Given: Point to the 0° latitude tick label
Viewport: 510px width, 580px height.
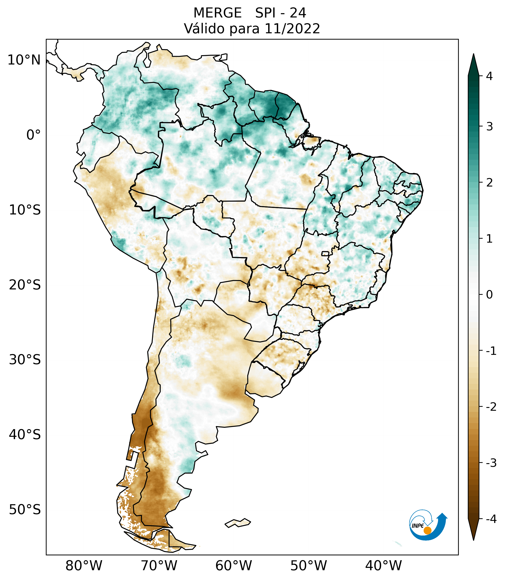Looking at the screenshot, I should [34, 135].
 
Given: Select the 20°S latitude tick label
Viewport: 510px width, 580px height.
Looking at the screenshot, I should [25, 285].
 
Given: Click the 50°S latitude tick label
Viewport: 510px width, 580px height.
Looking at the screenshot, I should [25, 510].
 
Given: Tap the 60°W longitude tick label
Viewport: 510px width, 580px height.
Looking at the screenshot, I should [233, 566].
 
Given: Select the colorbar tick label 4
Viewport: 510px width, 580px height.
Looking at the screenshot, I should [489, 76].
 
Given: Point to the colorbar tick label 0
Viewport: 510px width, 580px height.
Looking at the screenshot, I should [489, 295].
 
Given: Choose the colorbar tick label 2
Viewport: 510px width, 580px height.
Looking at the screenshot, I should [489, 183].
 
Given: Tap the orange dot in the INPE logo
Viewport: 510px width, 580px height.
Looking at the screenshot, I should [427, 530].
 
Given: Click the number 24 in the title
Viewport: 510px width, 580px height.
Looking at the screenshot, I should [298, 13].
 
